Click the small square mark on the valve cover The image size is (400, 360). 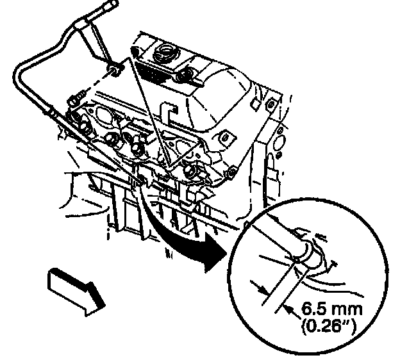pyautogui.click(x=256, y=102)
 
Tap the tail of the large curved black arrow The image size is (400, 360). pyautogui.click(x=146, y=192)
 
